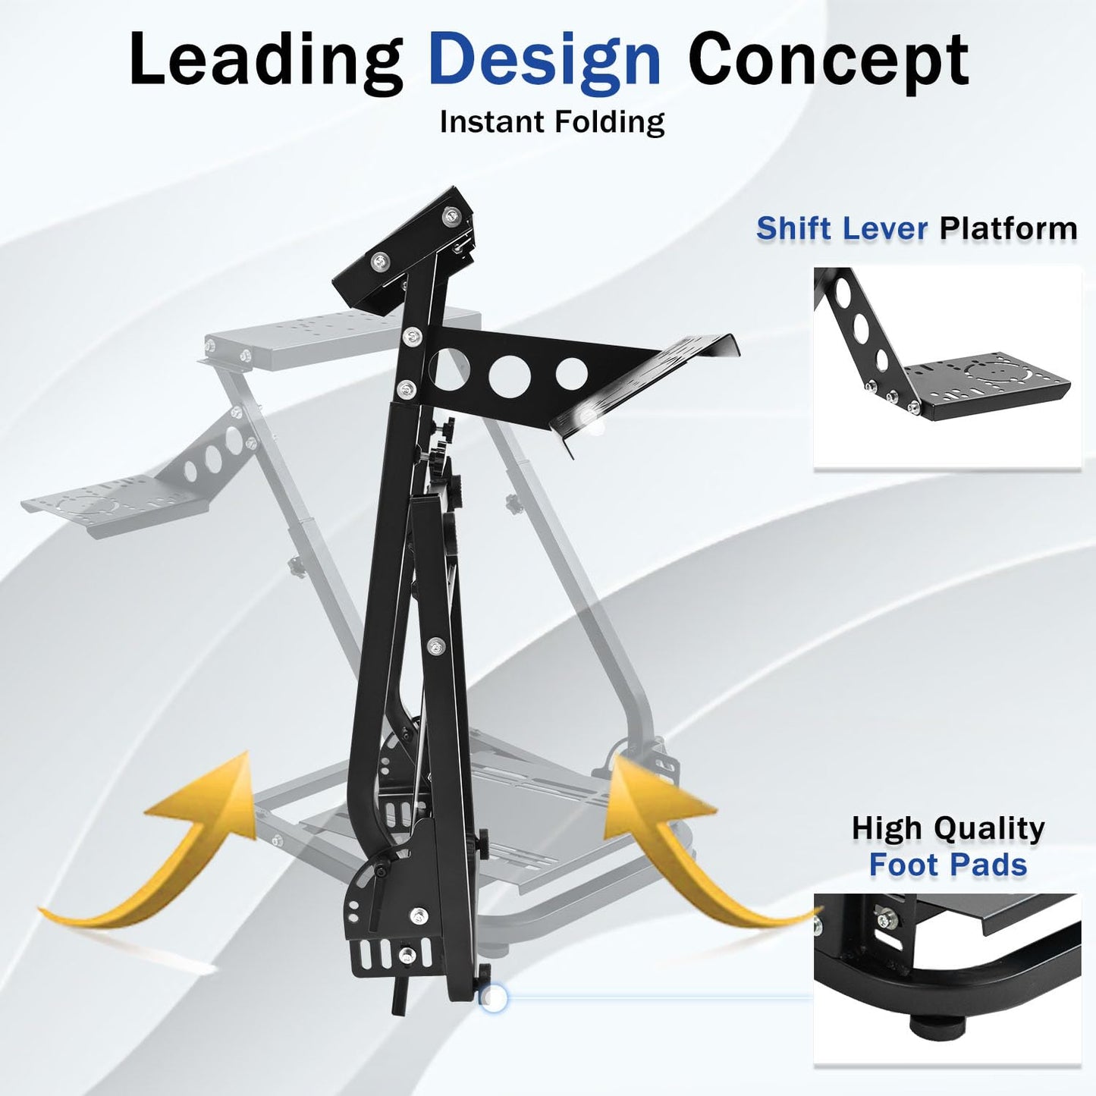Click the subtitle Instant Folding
coord(551,122)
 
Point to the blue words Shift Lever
coord(842,228)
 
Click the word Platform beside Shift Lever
coord(1008,228)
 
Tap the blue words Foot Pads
coord(947,865)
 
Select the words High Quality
coord(947,828)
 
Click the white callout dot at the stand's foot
coord(494,999)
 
